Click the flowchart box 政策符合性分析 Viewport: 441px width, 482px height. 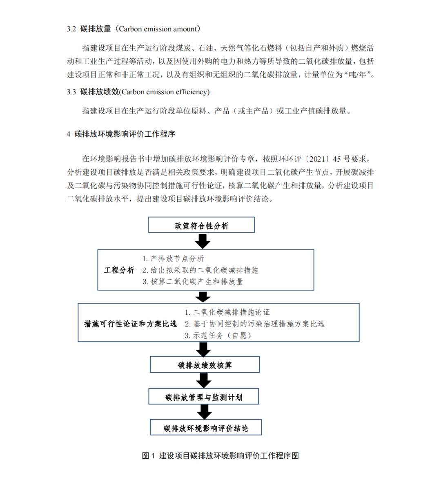click(x=201, y=225)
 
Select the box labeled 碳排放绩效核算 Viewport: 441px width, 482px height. click(x=205, y=365)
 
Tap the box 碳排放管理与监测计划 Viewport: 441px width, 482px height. click(x=203, y=397)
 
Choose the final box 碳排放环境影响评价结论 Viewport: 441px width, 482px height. click(x=205, y=428)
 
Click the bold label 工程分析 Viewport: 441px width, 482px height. click(x=119, y=270)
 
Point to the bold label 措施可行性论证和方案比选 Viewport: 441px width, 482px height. click(x=130, y=324)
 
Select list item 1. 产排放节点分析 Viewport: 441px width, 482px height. click(x=173, y=259)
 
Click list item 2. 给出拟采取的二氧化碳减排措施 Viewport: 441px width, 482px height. click(x=200, y=270)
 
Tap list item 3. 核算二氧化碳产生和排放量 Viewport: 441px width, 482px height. click(x=192, y=282)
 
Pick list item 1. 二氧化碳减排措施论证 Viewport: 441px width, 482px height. click(x=227, y=312)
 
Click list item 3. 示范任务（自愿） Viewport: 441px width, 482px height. click(x=218, y=335)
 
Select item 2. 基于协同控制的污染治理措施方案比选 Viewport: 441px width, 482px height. click(x=254, y=324)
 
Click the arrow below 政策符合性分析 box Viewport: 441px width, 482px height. click(x=203, y=241)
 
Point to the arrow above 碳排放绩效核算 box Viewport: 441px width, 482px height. click(x=203, y=349)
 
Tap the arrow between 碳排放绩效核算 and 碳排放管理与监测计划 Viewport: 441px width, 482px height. click(x=204, y=381)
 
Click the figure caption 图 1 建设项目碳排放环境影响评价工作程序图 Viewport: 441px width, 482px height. click(x=220, y=456)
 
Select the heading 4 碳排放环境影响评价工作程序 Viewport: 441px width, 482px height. click(x=121, y=134)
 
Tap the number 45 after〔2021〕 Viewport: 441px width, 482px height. click(x=337, y=159)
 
